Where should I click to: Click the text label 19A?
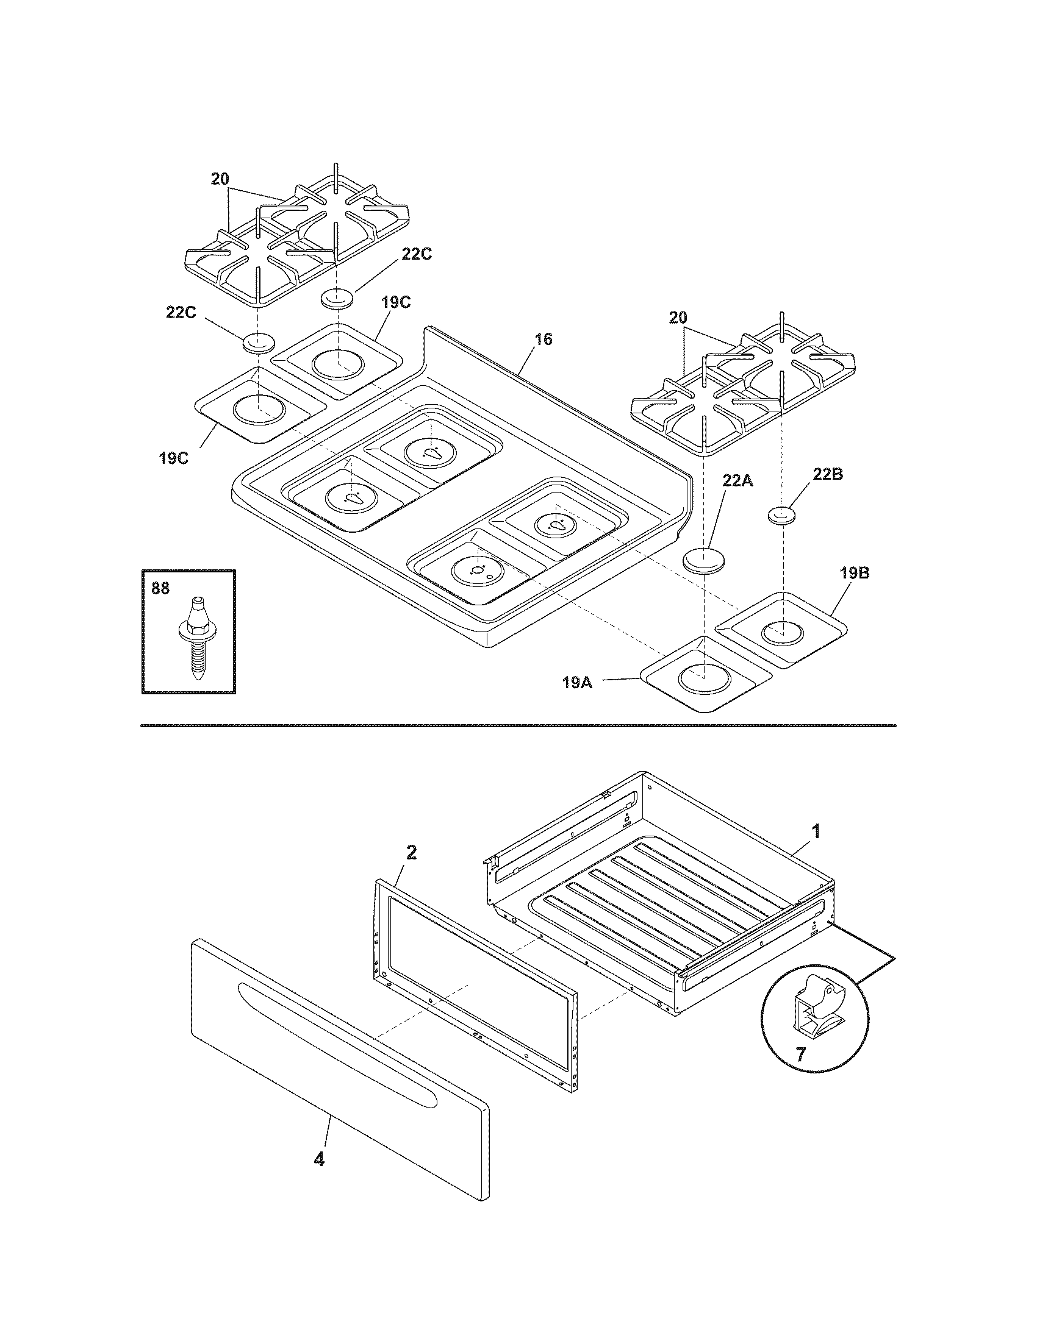[x=578, y=681]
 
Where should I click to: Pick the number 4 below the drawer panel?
[x=319, y=1160]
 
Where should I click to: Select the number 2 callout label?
[x=411, y=852]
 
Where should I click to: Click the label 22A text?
[x=737, y=481]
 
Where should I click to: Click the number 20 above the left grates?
[x=221, y=179]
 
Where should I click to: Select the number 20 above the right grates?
[x=678, y=318]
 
